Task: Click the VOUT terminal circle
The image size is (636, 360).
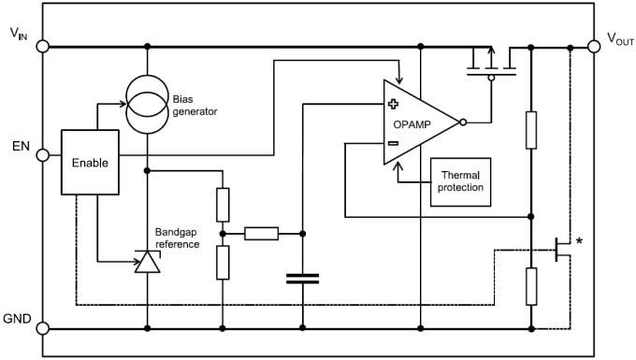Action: (594, 45)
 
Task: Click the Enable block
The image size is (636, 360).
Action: (90, 162)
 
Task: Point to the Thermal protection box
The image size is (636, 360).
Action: (459, 180)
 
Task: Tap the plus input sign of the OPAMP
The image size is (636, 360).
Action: (393, 104)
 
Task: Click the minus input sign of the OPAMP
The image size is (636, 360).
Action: (393, 143)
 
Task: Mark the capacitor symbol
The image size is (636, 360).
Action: (302, 278)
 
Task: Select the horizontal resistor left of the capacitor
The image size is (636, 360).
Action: (262, 233)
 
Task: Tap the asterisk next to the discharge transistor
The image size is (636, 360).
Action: (580, 242)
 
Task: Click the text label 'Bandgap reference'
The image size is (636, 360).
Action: (178, 238)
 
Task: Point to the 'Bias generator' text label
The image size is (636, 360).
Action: (195, 105)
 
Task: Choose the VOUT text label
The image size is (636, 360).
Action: (620, 38)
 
